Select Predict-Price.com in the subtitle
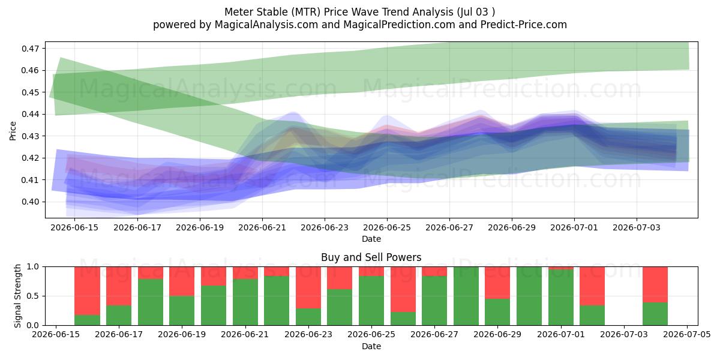pyautogui.click(x=523, y=25)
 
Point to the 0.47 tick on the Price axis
pyautogui.click(x=30, y=49)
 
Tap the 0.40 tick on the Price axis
pyautogui.click(x=30, y=202)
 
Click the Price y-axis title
pyautogui.click(x=13, y=131)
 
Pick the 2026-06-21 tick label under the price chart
pyautogui.click(x=262, y=227)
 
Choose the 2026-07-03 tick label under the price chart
pyautogui.click(x=637, y=227)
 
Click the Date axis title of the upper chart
pyautogui.click(x=371, y=239)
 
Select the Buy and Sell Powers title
pyautogui.click(x=371, y=257)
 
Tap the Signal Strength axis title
pyautogui.click(x=17, y=296)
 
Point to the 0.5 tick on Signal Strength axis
pyautogui.click(x=33, y=296)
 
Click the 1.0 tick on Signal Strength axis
pyautogui.click(x=33, y=267)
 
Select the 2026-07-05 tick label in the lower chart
pyautogui.click(x=687, y=335)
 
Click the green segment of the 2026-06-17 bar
pyautogui.click(x=119, y=316)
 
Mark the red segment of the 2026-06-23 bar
pyautogui.click(x=308, y=287)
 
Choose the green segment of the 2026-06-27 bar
pyautogui.click(x=434, y=301)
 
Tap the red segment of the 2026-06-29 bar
pyautogui.click(x=497, y=283)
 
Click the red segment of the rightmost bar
pyautogui.click(x=655, y=285)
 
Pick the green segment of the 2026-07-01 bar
pyautogui.click(x=561, y=298)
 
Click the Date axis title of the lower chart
pyautogui.click(x=371, y=346)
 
